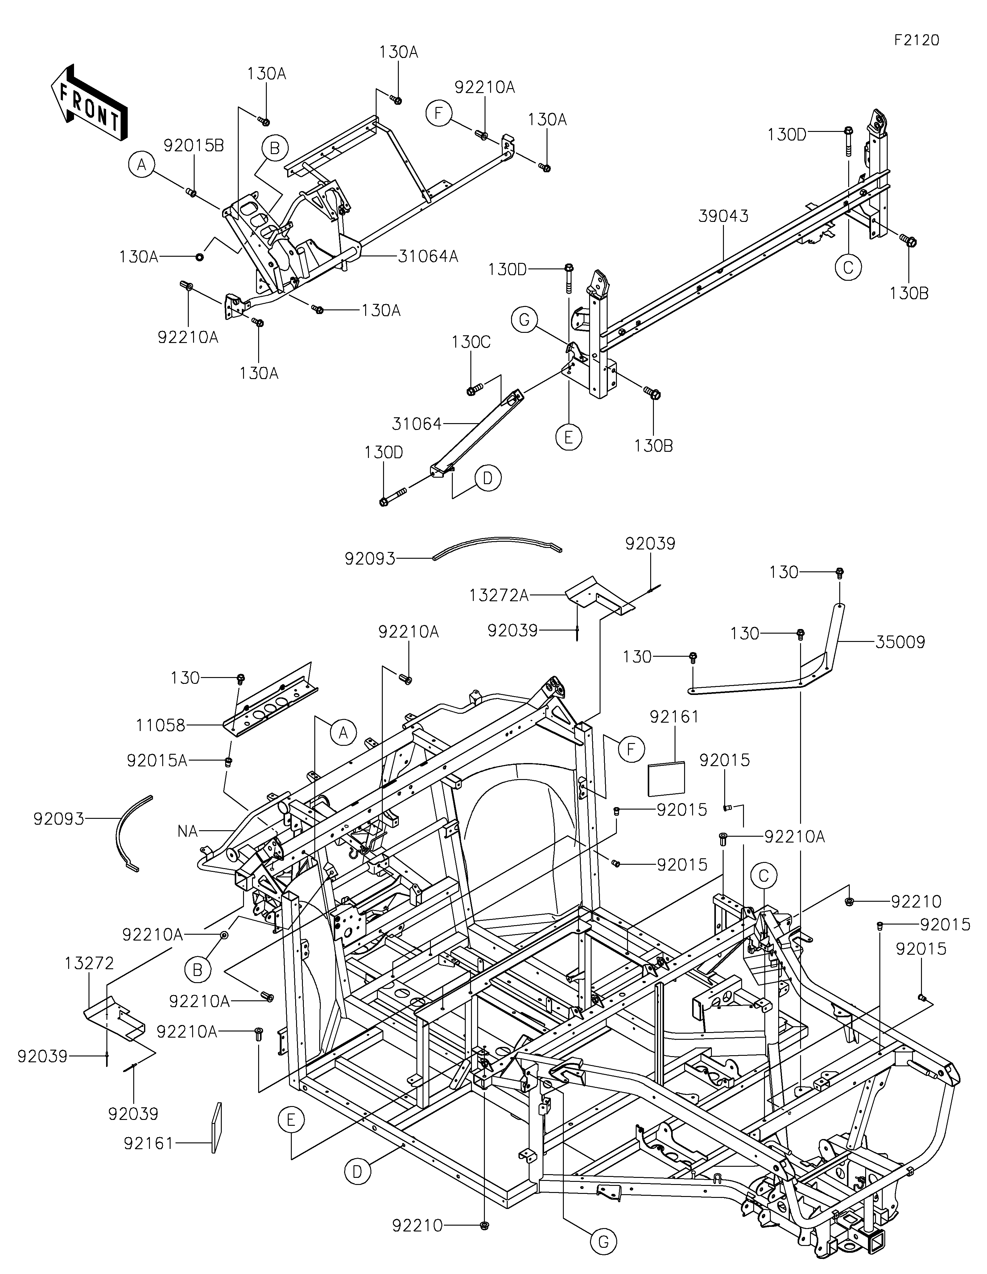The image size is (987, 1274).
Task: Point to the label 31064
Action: (x=417, y=424)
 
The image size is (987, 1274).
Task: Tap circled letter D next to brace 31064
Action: (x=488, y=478)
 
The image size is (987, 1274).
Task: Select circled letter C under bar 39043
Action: (x=848, y=268)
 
